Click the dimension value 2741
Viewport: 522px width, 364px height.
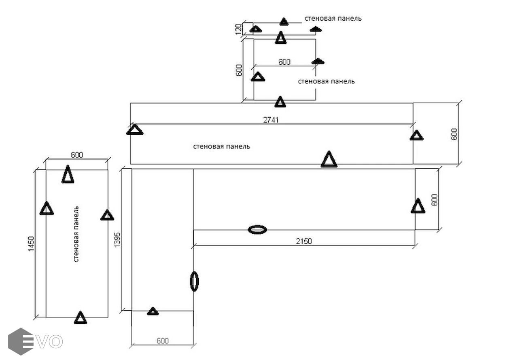point(271,120)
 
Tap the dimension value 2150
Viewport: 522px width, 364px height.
point(303,241)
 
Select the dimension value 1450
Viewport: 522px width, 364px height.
point(31,244)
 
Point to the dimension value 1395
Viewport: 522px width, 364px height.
point(117,239)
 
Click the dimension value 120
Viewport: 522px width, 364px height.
point(239,29)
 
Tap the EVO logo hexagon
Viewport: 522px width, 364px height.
point(21,341)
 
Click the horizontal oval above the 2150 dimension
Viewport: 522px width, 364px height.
point(257,230)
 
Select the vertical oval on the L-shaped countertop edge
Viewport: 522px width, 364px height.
point(194,281)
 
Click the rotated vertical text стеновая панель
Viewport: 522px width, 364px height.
point(76,234)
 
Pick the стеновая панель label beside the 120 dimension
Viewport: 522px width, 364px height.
point(333,18)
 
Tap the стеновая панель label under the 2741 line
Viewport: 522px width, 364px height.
point(222,146)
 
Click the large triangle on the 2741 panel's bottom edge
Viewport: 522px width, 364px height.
point(329,159)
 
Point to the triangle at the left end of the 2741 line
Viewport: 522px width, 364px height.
point(135,129)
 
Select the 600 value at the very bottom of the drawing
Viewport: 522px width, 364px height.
point(163,341)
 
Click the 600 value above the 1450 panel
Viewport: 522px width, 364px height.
point(77,155)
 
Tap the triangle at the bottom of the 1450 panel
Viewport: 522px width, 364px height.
point(81,317)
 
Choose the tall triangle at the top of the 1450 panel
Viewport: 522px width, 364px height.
point(68,174)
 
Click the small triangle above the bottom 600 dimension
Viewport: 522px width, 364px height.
point(153,311)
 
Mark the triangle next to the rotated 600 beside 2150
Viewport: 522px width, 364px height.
point(418,206)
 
